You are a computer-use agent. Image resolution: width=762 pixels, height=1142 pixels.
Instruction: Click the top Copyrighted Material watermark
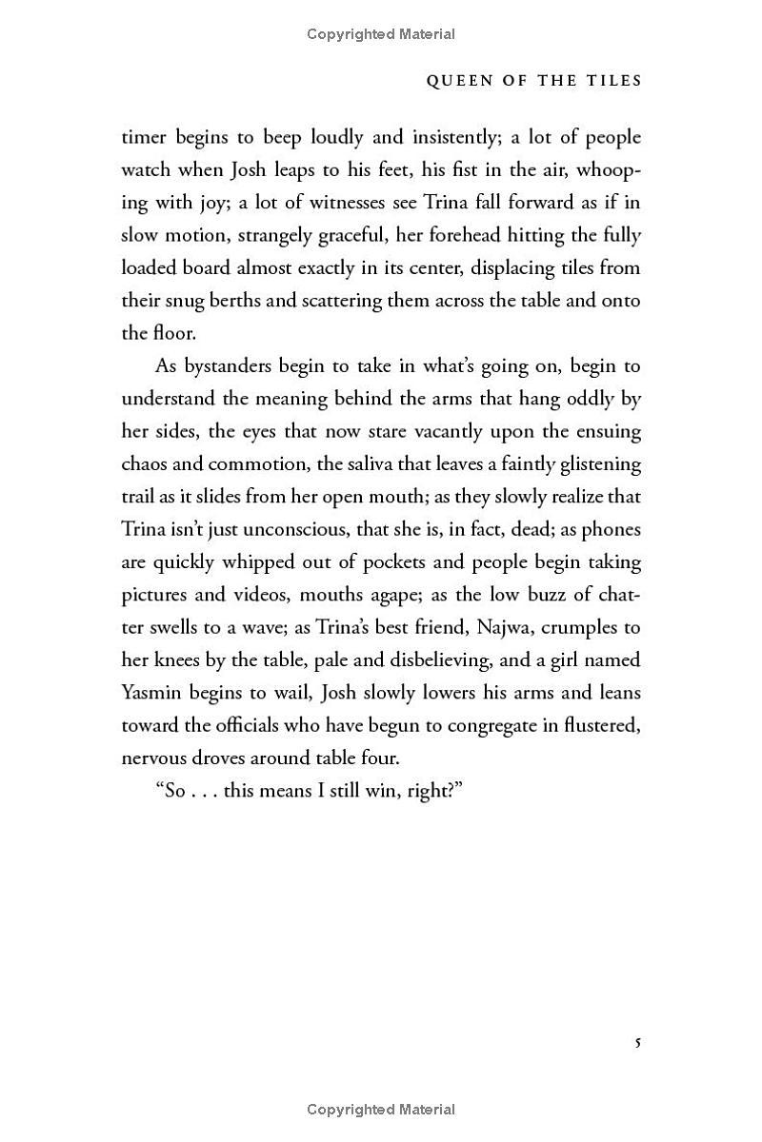click(381, 34)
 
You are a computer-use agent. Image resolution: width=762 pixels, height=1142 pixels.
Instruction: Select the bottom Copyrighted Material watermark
click(381, 1110)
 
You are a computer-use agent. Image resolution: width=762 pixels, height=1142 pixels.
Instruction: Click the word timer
click(144, 138)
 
